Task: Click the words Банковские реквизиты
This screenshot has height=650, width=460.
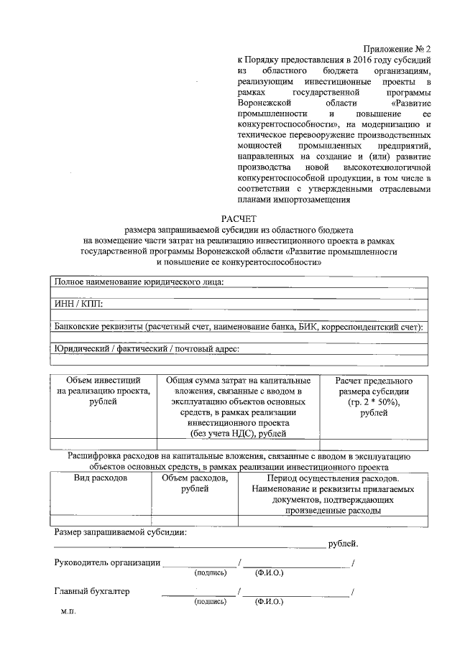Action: (x=98, y=328)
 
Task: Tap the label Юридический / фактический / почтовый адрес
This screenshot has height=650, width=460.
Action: (x=147, y=350)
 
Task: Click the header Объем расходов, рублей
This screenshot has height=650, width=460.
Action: (x=195, y=483)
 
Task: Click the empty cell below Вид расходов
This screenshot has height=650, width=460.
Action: (x=101, y=521)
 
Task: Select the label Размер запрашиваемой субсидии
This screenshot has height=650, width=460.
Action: (x=121, y=532)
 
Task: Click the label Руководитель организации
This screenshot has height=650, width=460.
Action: (x=107, y=562)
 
